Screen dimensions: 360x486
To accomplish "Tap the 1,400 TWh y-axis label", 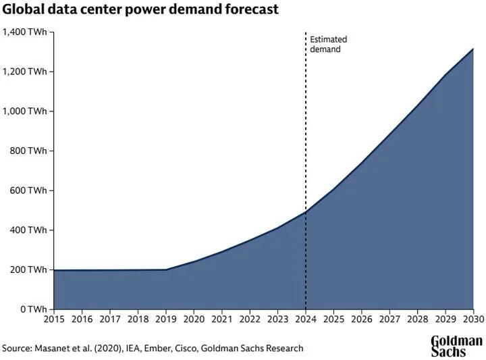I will pyautogui.click(x=25, y=32).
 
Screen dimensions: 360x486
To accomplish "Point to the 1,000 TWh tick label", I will pyautogui.click(x=25, y=111).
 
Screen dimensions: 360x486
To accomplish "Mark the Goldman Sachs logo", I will pyautogui.click(x=456, y=346).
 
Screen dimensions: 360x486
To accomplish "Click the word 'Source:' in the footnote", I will pyautogui.click(x=18, y=349).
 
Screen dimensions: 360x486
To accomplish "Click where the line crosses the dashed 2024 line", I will pyautogui.click(x=306, y=212).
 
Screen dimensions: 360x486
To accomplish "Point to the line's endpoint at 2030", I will pyautogui.click(x=473, y=49).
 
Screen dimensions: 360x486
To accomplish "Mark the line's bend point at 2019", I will pyautogui.click(x=165, y=269).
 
